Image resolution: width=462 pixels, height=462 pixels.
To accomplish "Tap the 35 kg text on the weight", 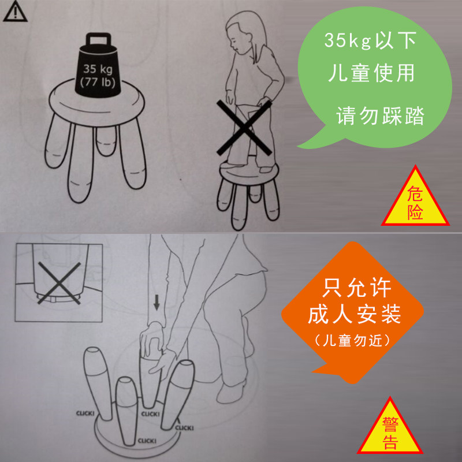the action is click(98, 69).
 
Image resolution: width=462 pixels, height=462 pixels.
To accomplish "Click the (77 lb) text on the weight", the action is click(98, 82).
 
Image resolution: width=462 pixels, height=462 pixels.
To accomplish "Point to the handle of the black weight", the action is click(98, 39).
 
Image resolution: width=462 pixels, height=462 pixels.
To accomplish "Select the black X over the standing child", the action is click(244, 128).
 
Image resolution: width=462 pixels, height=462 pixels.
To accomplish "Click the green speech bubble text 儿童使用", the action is click(371, 73).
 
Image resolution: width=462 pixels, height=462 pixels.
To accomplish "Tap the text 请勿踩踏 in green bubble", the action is click(380, 116).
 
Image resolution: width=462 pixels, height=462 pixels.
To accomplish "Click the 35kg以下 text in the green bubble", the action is click(370, 40).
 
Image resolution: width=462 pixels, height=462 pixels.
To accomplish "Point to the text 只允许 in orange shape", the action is click(357, 287).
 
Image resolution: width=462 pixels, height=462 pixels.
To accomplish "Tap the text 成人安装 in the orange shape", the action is click(354, 314).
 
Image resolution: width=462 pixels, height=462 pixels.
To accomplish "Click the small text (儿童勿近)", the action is click(352, 340).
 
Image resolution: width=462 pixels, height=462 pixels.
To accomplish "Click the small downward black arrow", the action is click(157, 303).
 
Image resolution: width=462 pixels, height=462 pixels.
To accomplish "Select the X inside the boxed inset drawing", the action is click(59, 283).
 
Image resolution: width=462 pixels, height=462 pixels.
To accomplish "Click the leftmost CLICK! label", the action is click(85, 413).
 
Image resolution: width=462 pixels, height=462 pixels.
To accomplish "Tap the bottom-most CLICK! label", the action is click(147, 441).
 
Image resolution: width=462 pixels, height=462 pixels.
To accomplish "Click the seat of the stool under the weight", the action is click(96, 103).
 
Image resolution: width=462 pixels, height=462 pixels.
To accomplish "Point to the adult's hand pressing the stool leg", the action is click(151, 339).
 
